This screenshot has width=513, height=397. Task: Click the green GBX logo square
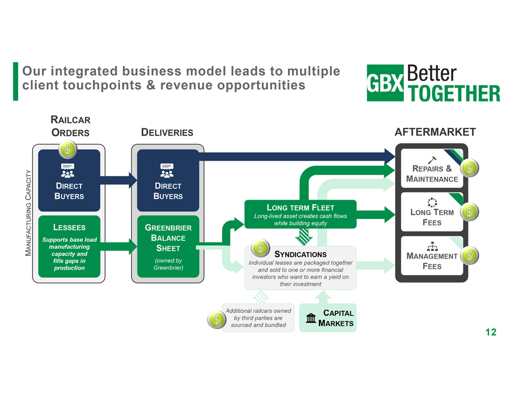click(385, 82)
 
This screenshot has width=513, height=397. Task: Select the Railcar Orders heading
click(71, 126)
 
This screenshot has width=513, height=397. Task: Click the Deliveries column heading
click(167, 133)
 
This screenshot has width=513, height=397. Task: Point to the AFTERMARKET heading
click(435, 132)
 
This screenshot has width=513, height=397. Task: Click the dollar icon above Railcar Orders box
click(68, 148)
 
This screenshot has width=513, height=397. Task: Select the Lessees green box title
click(69, 228)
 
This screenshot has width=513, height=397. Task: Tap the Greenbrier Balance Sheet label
click(168, 238)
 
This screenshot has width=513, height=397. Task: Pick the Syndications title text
click(300, 255)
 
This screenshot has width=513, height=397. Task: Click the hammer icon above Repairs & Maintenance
click(432, 160)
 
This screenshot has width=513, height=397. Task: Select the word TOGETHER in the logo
click(455, 93)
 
